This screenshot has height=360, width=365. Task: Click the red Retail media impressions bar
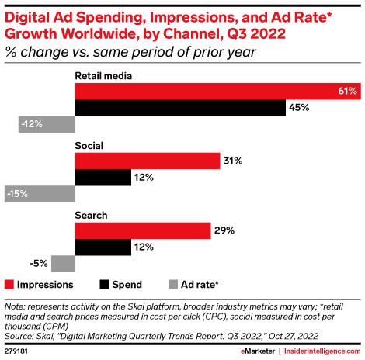pos(217,92)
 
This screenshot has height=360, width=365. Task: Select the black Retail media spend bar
pos(179,109)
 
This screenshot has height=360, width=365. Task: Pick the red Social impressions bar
pos(147,161)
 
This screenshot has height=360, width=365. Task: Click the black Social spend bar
pos(103,178)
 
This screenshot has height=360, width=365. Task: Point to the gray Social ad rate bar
pos(39,194)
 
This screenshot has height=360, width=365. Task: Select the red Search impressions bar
pos(142,230)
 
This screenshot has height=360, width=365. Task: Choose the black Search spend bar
pos(103,247)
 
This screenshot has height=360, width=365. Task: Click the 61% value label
pos(347,92)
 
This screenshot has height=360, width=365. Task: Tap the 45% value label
pos(298,109)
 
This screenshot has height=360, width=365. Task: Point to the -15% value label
pos(17,194)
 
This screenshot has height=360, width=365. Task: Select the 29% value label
pos(224,230)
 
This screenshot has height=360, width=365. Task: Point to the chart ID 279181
pos(18,351)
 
